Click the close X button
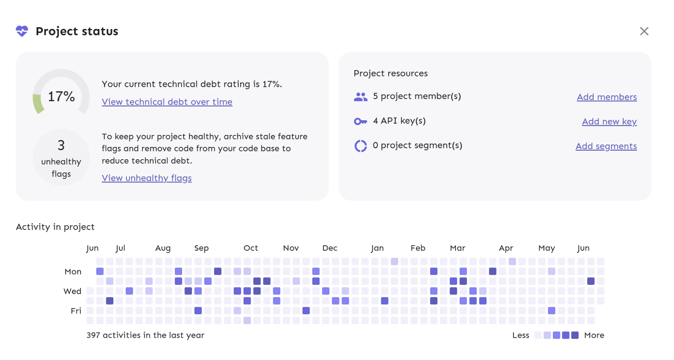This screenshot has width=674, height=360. tap(644, 31)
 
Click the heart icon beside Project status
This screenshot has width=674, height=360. tap(22, 31)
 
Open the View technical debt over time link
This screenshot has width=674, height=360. tap(167, 102)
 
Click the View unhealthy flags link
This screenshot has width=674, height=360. tap(146, 178)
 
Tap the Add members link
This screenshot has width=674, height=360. tap(607, 97)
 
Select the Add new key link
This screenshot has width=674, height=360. tap(609, 122)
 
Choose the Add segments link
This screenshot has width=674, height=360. tap(606, 146)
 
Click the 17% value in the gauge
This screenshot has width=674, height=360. tap(61, 97)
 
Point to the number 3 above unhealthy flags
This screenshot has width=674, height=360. tap(61, 146)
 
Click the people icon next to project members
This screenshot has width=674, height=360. tap(361, 97)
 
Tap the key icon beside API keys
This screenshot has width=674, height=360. tap(361, 121)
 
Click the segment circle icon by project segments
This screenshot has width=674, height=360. tap(361, 146)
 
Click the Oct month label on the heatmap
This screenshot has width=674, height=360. tap(251, 248)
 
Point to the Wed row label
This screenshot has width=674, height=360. tap(72, 291)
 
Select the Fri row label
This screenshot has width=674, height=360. tap(76, 311)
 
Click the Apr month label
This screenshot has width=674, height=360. tap(506, 248)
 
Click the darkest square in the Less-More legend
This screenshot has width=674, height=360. tap(575, 335)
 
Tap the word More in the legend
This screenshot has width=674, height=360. tap(594, 335)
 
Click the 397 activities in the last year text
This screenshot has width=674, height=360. tap(145, 335)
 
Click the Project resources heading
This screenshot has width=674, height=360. tap(390, 73)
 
